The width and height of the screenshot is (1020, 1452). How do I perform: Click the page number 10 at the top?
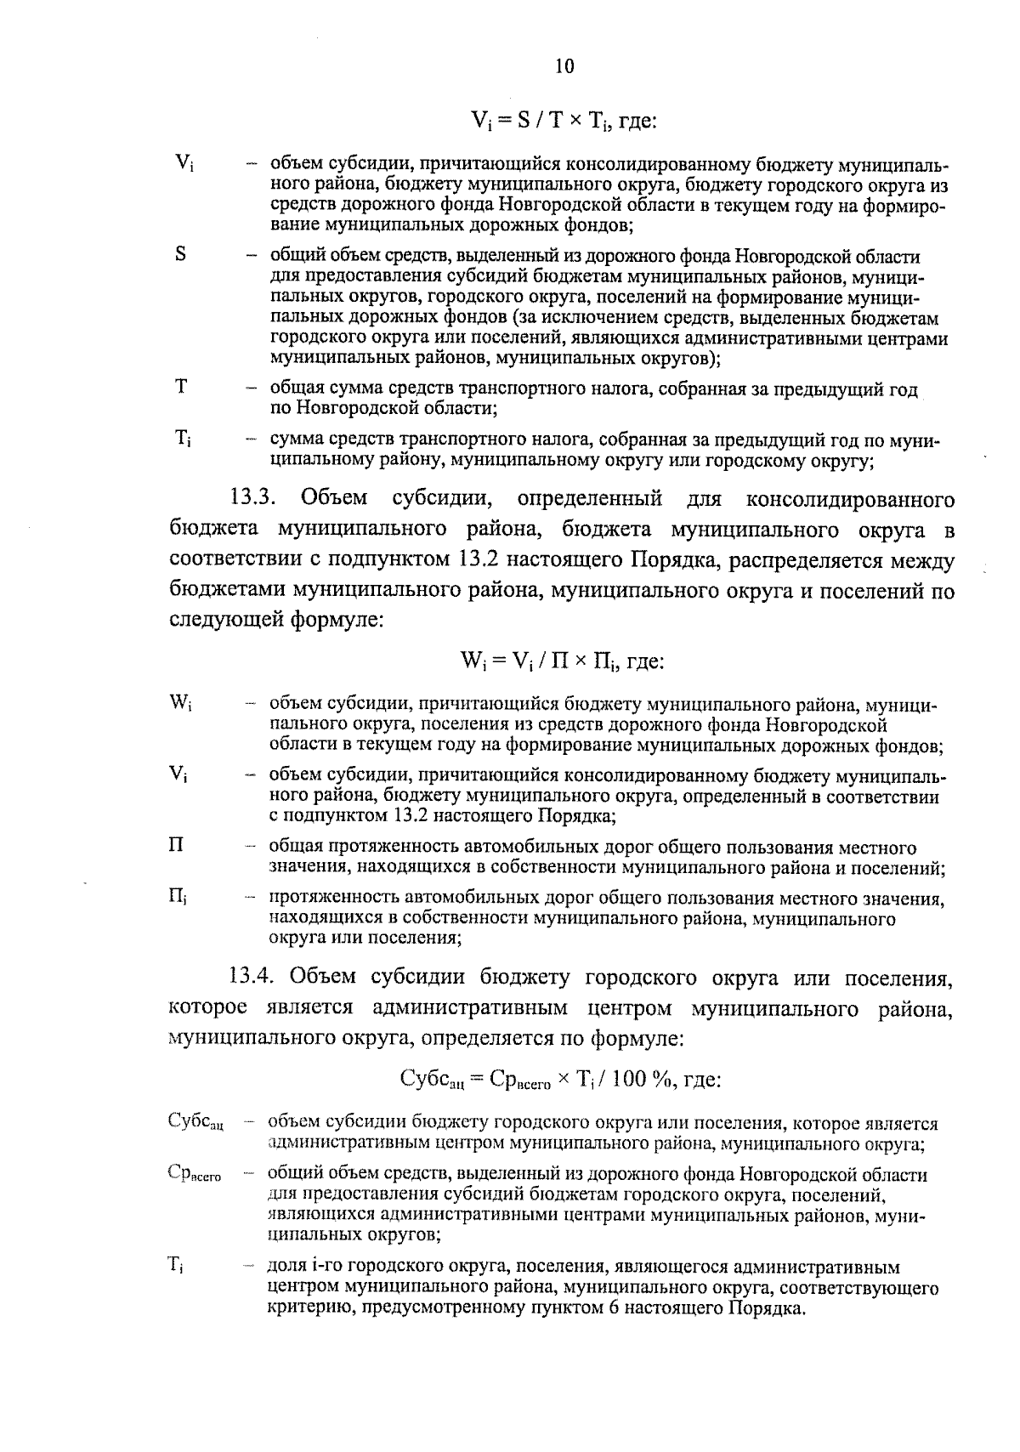point(564,66)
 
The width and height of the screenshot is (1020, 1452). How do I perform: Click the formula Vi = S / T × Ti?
point(563,121)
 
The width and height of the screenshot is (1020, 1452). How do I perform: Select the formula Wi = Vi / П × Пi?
point(561,661)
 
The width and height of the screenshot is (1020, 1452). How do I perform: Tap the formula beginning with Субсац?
point(560,1080)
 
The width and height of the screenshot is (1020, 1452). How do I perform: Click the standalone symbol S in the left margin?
point(181,254)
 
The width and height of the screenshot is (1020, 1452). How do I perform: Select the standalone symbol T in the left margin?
point(181,387)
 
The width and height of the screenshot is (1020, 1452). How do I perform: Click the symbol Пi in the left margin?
point(178,896)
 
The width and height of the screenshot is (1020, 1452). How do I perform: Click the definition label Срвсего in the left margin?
point(195,1174)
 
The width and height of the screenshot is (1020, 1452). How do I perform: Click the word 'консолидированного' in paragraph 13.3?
point(849,498)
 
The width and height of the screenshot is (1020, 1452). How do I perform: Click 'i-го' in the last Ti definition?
point(326,1268)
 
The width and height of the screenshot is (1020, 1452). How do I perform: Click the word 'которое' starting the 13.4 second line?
point(208,1008)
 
